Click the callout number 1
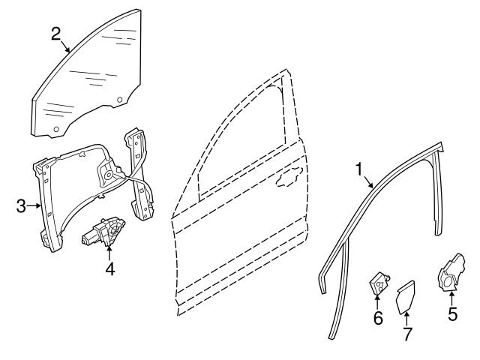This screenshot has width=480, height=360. tap(359, 169)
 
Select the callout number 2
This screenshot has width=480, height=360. tap(55, 34)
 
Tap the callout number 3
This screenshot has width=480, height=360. tap(21, 206)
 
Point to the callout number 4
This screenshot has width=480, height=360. tap(110, 268)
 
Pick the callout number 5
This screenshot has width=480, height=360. tap(452, 313)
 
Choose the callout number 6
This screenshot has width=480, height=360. tap(378, 318)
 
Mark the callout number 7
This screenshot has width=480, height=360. tap(407, 334)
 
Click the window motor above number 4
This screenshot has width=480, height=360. tap(103, 232)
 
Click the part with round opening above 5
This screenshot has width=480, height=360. tap(451, 272)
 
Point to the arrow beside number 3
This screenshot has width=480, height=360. tap(34, 206)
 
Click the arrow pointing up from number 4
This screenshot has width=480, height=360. tap(109, 253)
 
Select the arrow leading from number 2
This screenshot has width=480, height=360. tap(65, 46)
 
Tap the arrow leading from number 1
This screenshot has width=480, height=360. tap(368, 181)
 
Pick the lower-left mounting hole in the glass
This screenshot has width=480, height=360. tap(56, 129)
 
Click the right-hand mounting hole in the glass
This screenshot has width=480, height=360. tap(120, 100)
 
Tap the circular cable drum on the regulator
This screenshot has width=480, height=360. tap(108, 175)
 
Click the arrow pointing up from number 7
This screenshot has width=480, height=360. tap(406, 319)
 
